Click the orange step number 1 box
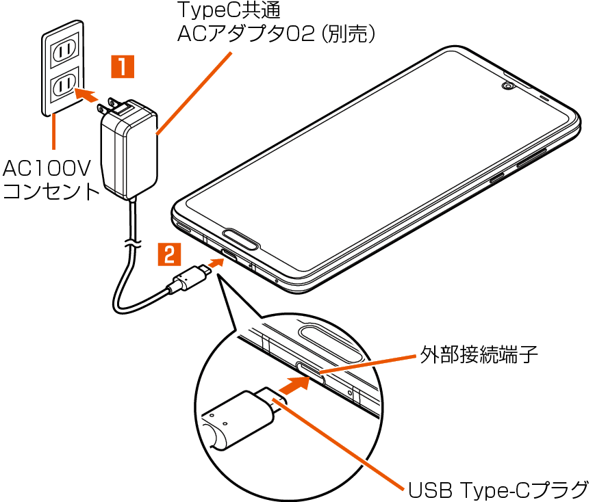coord(123,68)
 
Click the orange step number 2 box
coord(170,254)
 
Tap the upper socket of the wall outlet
coord(64,50)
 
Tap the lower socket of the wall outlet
coord(64,85)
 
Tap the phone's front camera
coord(507,87)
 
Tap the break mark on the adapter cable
coord(131,242)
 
